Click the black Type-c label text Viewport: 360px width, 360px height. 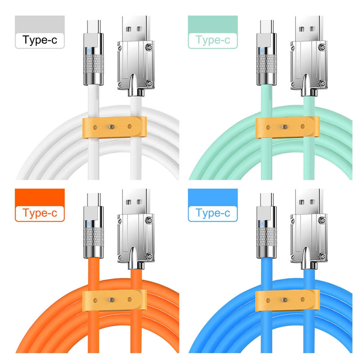pos(40,40)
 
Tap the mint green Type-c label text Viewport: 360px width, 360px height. pos(213,40)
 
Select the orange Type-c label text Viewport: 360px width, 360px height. pos(40,213)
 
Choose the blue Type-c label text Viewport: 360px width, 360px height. pos(213,213)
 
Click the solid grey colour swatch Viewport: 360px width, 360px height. pos(40,24)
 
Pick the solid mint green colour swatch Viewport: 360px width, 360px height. pos(213,24)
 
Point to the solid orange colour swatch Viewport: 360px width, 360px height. pos(40,197)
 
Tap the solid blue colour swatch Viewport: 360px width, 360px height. pos(213,197)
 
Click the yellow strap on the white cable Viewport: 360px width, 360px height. pos(114,127)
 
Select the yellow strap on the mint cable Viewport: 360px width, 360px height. pos(288,127)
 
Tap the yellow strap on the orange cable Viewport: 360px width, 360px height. pos(114,300)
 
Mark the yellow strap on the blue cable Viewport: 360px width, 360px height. pos(288,300)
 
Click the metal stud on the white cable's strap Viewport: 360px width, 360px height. pos(112,127)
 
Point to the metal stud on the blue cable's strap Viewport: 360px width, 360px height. pos(285,300)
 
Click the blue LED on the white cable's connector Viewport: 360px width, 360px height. pos(89,51)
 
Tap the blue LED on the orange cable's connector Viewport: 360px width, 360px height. pos(89,224)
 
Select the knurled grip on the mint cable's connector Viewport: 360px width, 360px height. pos(266,64)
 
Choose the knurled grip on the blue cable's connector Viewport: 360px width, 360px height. pos(266,237)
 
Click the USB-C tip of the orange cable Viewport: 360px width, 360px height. pos(94,199)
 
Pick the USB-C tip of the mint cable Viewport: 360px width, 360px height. pos(267,26)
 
